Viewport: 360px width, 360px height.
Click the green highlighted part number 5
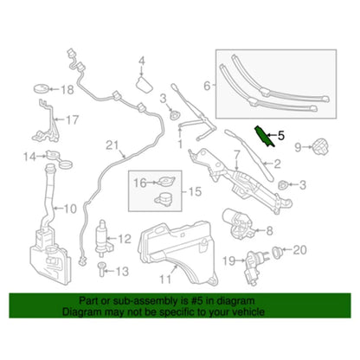click(264, 137)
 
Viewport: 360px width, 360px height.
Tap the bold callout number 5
click(280, 135)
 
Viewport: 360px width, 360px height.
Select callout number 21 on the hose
click(112, 145)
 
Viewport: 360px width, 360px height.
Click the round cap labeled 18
click(42, 88)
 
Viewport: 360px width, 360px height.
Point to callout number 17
click(72, 119)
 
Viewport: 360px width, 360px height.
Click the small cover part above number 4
click(145, 84)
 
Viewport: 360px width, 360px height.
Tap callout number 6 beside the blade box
click(207, 86)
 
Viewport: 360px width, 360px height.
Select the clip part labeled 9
click(319, 146)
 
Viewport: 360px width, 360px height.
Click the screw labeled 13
click(102, 269)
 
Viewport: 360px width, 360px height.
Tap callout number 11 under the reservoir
click(165, 279)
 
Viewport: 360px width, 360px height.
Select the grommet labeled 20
click(278, 253)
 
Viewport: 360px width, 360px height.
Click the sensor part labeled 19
click(252, 267)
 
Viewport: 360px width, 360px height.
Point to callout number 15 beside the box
click(195, 191)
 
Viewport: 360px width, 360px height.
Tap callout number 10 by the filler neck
click(70, 209)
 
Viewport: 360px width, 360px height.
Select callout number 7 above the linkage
click(236, 155)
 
